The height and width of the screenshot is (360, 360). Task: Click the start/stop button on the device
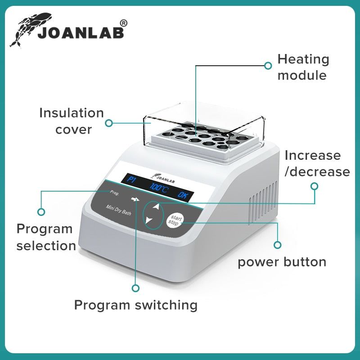point(173,219)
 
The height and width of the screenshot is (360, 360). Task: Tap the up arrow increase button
point(156,207)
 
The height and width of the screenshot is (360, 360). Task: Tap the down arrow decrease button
point(149,220)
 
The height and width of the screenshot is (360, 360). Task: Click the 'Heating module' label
point(303,67)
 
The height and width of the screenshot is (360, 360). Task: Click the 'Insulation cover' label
point(72,121)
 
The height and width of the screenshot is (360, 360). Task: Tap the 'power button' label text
point(282,262)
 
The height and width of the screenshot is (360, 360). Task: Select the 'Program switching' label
point(135,305)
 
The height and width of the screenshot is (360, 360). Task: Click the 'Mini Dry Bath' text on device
point(118,210)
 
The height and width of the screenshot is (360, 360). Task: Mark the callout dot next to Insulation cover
point(108,122)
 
